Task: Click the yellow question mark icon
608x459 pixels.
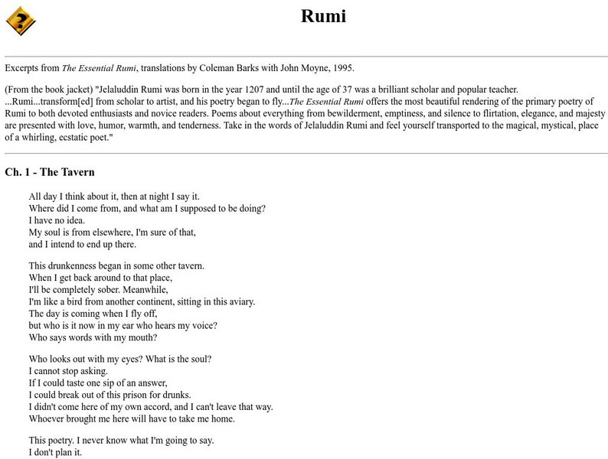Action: coord(21,20)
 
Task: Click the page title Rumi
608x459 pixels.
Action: coord(323,16)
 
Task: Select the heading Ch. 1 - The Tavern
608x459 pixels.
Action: coord(49,172)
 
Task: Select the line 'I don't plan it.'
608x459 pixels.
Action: coord(54,452)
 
